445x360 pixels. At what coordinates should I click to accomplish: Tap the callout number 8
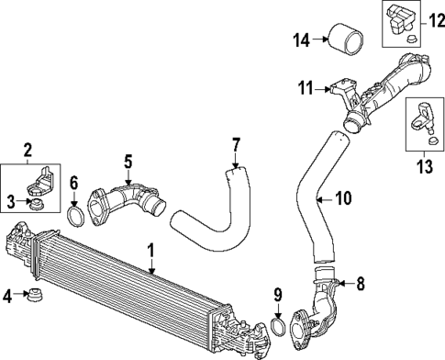360,284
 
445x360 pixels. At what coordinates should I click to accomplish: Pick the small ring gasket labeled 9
278,328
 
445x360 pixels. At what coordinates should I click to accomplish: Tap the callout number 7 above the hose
236,144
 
